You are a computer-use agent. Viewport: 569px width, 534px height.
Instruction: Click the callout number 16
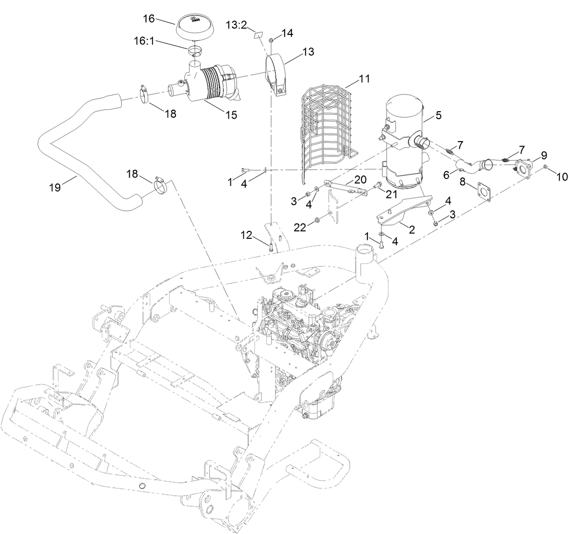tap(149, 19)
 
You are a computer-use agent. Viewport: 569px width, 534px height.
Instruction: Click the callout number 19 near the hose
tap(55, 187)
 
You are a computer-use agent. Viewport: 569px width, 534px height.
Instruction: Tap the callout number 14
tap(287, 33)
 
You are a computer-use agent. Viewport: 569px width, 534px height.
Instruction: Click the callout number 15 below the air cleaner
tap(230, 115)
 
